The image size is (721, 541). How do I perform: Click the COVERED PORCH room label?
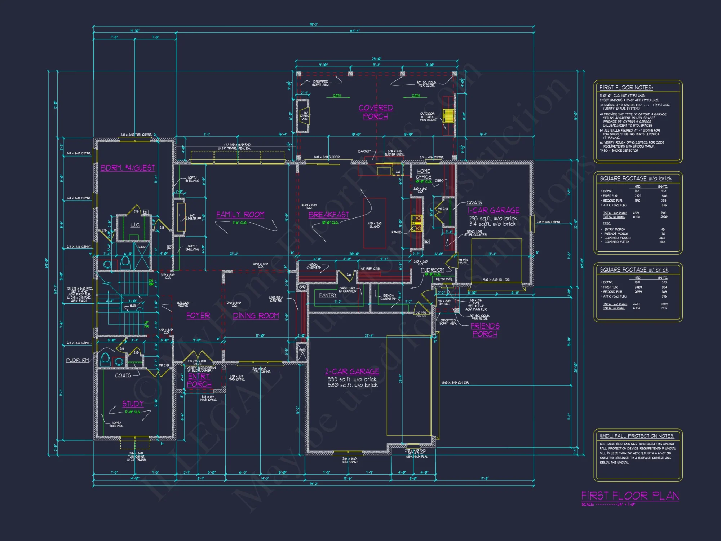pyautogui.click(x=376, y=112)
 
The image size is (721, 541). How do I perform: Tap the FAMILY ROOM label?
pyautogui.click(x=240, y=215)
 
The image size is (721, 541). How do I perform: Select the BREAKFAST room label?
pyautogui.click(x=328, y=215)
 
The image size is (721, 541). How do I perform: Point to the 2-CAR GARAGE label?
pyautogui.click(x=352, y=371)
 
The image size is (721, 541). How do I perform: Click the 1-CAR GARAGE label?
pyautogui.click(x=493, y=210)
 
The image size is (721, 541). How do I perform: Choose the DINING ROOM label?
pyautogui.click(x=256, y=316)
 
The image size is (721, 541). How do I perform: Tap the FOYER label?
pyautogui.click(x=198, y=316)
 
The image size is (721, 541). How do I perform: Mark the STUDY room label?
pyautogui.click(x=133, y=404)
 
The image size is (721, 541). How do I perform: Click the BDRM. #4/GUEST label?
pyautogui.click(x=128, y=168)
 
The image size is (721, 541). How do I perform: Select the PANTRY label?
pyautogui.click(x=327, y=295)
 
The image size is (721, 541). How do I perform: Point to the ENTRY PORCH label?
pyautogui.click(x=199, y=380)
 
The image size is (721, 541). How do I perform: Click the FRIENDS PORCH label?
pyautogui.click(x=485, y=330)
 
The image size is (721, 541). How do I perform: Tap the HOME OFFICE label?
pyautogui.click(x=423, y=174)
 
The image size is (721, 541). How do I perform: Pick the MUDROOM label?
pyautogui.click(x=432, y=270)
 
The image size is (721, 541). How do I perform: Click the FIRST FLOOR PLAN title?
pyautogui.click(x=630, y=496)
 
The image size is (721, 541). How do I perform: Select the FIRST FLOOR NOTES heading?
pyautogui.click(x=626, y=88)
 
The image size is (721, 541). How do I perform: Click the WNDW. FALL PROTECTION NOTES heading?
pyautogui.click(x=637, y=436)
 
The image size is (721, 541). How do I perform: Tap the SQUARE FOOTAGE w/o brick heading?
pyautogui.click(x=636, y=179)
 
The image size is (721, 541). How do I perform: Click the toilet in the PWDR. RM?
pyautogui.click(x=105, y=359)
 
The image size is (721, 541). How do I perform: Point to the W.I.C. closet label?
pyautogui.click(x=135, y=225)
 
